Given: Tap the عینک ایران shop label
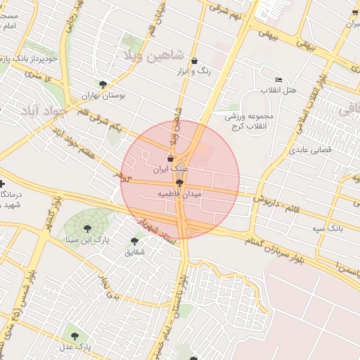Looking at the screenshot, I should click(172, 169).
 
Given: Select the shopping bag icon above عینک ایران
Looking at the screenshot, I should click(171, 159).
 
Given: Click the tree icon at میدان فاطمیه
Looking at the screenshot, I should click(179, 182).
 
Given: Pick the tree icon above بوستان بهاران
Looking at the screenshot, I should click(103, 84).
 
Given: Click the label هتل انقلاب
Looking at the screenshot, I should click(279, 91).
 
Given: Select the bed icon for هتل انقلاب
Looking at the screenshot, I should click(279, 79).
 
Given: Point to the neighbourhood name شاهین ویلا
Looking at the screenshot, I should click(153, 54).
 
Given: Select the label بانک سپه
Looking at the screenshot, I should click(328, 229).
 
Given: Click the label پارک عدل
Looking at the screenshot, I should click(75, 347).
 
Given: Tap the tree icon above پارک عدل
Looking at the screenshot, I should click(75, 335).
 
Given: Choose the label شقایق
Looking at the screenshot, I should click(134, 251).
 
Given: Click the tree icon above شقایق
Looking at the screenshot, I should click(134, 240).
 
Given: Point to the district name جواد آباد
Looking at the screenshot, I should click(44, 111).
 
